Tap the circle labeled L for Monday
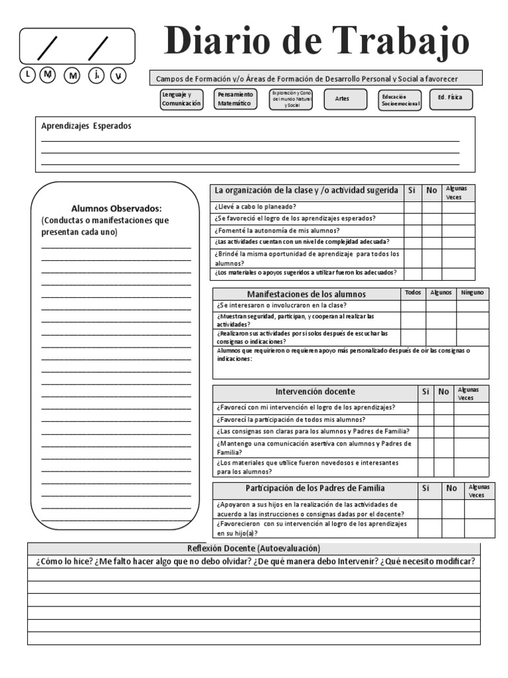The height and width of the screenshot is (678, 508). tap(27, 75)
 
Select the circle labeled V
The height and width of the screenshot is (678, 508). tap(118, 75)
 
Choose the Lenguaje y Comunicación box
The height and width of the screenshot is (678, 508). tap(181, 99)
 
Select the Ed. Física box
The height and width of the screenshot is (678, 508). tap(450, 98)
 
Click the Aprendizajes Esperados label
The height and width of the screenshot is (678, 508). tap(86, 126)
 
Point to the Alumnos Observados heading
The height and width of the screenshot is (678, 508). tap(116, 208)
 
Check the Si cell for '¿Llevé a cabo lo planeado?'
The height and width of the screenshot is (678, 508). tap(412, 207)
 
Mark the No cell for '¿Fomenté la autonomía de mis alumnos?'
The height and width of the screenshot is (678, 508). tap(431, 231)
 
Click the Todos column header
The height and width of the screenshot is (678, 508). tap(412, 292)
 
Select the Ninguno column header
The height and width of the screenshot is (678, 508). tap(472, 292)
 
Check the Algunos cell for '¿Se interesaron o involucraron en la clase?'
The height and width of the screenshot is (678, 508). tap(441, 306)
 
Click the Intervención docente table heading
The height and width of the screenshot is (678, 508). tap(315, 391)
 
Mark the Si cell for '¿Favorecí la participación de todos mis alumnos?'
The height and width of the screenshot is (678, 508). tap(425, 420)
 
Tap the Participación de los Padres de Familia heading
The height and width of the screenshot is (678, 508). tap(315, 489)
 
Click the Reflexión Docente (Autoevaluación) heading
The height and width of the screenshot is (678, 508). tap(254, 548)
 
